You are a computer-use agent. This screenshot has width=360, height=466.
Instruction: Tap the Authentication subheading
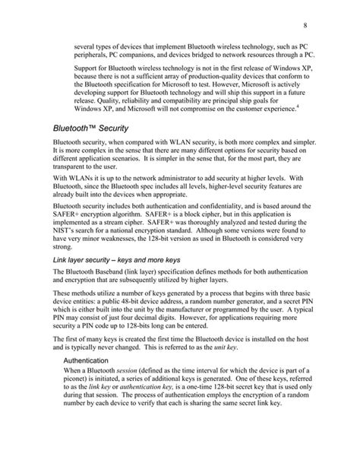coord(87,382)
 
